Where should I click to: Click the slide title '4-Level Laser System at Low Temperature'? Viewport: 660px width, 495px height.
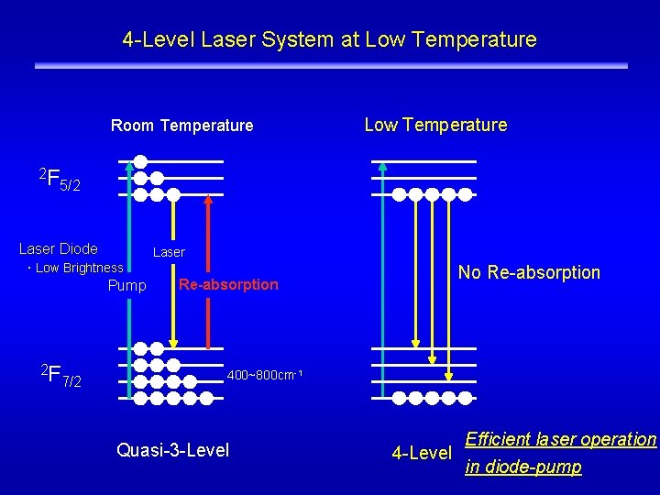click(329, 40)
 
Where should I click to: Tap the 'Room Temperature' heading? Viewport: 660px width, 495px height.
click(181, 126)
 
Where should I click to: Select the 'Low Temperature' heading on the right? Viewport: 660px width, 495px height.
click(435, 125)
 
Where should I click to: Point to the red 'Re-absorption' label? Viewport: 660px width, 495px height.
click(228, 284)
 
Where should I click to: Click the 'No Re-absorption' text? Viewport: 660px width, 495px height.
click(529, 272)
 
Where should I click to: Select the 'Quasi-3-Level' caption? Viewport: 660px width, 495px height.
click(173, 449)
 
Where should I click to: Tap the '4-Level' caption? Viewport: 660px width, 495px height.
click(422, 453)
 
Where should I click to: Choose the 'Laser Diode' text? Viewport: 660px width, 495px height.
click(59, 248)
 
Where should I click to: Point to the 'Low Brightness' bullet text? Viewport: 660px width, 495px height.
click(77, 268)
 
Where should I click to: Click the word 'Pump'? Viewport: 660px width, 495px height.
click(126, 286)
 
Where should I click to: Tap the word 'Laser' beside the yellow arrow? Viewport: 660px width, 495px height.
click(169, 251)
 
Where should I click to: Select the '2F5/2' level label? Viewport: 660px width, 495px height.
click(60, 179)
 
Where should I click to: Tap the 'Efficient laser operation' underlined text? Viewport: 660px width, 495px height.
click(561, 439)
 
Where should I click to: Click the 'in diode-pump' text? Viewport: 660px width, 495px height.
click(522, 467)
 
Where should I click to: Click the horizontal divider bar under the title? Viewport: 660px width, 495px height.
click(331, 66)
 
